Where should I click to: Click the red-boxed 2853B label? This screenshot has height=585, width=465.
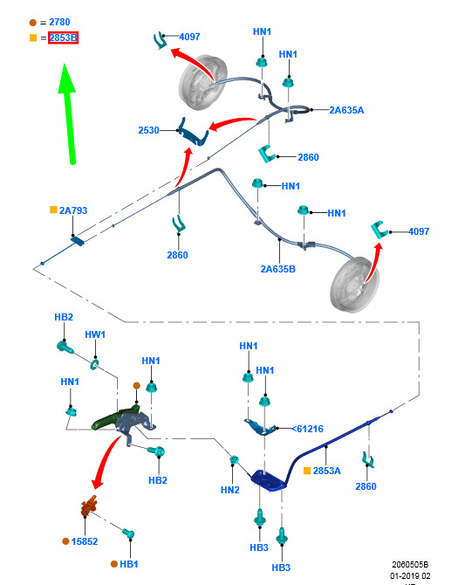click(63, 38)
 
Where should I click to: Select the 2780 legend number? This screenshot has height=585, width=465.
click(59, 22)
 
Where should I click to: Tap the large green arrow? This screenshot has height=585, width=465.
click(68, 114)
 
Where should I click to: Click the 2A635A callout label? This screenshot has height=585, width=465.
click(346, 110)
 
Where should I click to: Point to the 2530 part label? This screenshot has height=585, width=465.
click(148, 130)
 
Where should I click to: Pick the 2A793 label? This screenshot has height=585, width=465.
click(73, 210)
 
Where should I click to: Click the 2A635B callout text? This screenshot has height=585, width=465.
click(277, 269)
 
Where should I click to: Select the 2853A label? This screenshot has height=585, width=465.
click(326, 471)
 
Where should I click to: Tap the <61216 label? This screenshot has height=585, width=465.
click(307, 429)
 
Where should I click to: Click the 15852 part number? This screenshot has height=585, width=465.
click(85, 541)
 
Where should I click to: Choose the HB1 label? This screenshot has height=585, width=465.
click(128, 564)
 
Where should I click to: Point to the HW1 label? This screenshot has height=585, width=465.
click(95, 334)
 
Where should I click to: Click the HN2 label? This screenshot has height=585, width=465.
click(229, 490)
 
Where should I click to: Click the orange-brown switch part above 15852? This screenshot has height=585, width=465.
click(89, 506)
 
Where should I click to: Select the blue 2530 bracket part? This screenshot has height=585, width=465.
click(193, 133)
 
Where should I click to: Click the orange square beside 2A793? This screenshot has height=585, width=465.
click(54, 210)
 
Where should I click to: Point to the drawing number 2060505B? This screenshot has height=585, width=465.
click(410, 564)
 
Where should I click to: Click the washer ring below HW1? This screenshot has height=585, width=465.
click(94, 364)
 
